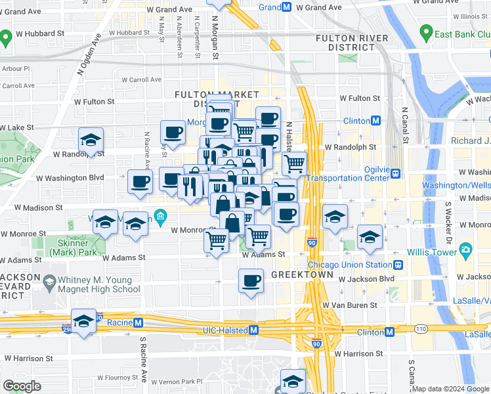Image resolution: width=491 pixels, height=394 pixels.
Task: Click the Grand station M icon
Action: tap(286, 7)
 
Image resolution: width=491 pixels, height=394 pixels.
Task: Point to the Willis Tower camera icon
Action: tap(466, 249)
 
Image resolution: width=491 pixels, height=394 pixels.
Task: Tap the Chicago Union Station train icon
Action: tap(398, 265)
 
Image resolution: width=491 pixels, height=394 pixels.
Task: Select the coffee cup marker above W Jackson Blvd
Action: tap(251, 281)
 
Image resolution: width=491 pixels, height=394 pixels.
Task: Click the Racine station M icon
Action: tap(139, 322)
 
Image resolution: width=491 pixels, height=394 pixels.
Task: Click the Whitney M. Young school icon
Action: tap(49, 283)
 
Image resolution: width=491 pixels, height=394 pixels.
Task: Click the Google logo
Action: tap(22, 387)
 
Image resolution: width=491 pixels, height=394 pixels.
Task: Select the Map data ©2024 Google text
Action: tap(450, 389)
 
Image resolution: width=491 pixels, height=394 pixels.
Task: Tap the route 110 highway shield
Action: tap(419, 327)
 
